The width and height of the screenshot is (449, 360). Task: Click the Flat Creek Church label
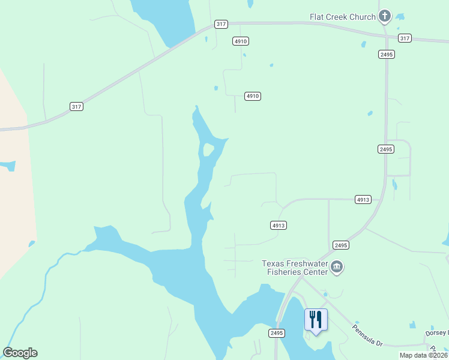point(342,17)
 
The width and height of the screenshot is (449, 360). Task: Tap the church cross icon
point(385,16)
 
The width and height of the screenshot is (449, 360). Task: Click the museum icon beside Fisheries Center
point(337,267)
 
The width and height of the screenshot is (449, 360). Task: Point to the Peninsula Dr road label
point(367,335)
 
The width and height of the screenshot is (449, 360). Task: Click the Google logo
point(20,353)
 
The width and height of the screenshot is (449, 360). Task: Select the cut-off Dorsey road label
point(437,333)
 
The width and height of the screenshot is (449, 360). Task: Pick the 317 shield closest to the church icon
point(405,38)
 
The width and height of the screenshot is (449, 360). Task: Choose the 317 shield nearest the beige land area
point(76,106)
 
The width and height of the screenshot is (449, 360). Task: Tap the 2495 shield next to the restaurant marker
point(276,333)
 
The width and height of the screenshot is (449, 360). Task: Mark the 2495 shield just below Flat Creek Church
point(386,54)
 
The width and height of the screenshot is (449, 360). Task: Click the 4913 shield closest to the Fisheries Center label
point(278,226)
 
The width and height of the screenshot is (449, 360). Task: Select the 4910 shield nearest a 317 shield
point(241,41)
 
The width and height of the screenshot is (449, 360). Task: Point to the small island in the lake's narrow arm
point(208,149)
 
